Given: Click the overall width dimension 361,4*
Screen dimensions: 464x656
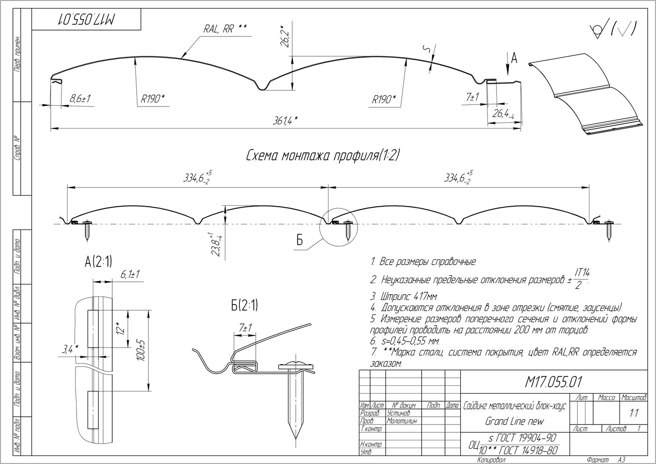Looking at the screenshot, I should [285, 121].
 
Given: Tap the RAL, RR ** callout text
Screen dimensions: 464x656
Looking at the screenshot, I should [224, 29].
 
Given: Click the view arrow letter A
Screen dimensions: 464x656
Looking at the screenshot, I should [514, 58].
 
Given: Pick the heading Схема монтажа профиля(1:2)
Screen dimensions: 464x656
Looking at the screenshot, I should [323, 156].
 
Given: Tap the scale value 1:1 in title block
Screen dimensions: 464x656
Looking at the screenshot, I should [634, 413].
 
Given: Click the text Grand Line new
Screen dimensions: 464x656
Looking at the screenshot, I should [514, 421].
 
